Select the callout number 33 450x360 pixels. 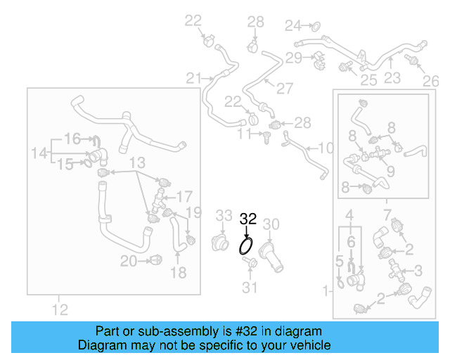click(x=224, y=215)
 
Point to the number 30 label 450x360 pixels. click(x=271, y=224)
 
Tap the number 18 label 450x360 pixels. click(x=179, y=272)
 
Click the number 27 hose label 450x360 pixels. click(x=284, y=89)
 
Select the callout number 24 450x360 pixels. click(x=292, y=26)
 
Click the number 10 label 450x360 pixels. click(x=326, y=148)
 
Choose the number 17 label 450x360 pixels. click(x=184, y=196)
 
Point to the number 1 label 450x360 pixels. click(x=325, y=290)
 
